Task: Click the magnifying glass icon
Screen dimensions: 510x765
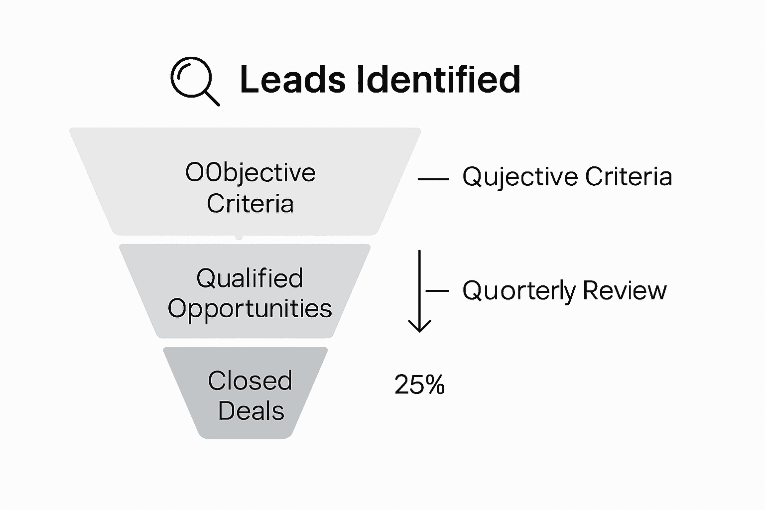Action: coord(192,79)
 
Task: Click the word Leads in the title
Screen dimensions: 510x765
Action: coord(292,80)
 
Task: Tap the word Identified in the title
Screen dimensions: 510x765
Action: coord(439,80)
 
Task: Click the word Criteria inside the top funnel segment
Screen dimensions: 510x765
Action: coord(250,204)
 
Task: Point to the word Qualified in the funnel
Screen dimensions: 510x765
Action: coord(250,278)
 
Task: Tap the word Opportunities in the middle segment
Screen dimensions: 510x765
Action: coord(250,308)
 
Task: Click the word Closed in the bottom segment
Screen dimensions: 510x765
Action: coord(250,381)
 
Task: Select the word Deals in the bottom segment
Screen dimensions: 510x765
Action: coord(251,411)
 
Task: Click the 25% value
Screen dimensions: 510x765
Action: coord(419,385)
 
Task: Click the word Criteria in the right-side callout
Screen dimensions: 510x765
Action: coord(629,176)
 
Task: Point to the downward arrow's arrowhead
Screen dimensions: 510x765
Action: coord(419,327)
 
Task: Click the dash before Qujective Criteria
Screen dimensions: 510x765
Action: coord(433,178)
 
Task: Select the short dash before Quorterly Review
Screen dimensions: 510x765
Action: coord(437,290)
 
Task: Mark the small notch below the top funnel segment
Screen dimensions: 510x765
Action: coord(239,237)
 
